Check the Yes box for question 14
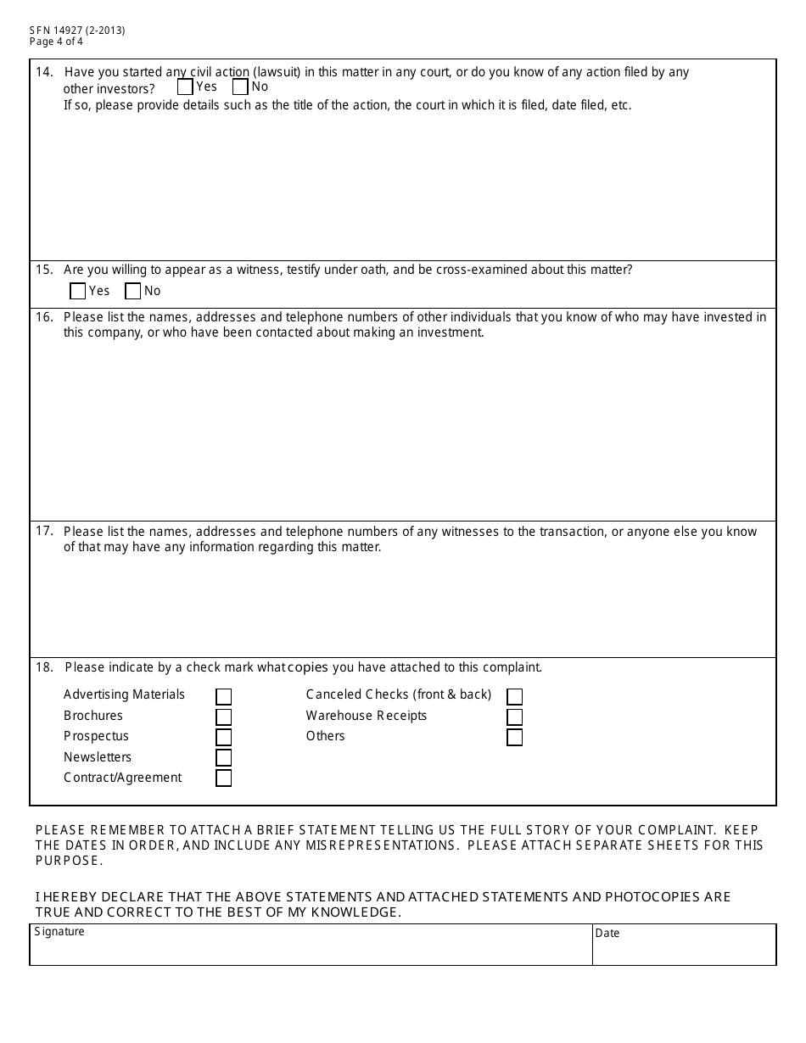[185, 86]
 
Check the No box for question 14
[240, 86]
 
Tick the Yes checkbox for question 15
[77, 291]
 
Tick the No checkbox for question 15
[132, 291]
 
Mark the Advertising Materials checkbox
[223, 696]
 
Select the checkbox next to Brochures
[223, 717]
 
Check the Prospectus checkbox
[223, 738]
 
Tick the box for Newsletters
[223, 758]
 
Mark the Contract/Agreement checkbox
[223, 778]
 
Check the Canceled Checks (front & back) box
[514, 696]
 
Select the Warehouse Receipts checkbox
[514, 717]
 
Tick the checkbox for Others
[514, 738]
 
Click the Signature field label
[59, 931]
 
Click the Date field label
[607, 933]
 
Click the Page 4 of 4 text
[56, 42]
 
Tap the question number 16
[44, 317]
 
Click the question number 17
[44, 532]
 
